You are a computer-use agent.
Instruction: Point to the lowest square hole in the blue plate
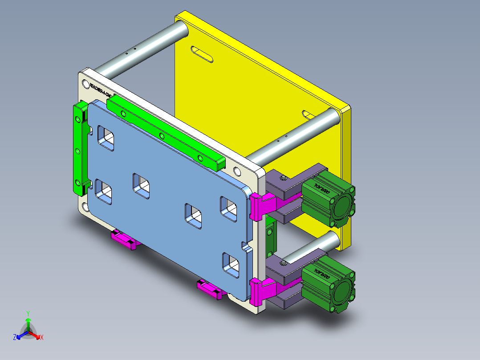point(231,265)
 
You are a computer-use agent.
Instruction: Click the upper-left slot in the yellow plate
point(201,53)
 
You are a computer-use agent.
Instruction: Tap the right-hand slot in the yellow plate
point(308,115)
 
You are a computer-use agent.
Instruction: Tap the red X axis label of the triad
point(41,338)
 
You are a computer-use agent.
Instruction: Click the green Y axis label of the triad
point(28,313)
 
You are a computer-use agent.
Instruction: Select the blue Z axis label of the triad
point(15,338)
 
